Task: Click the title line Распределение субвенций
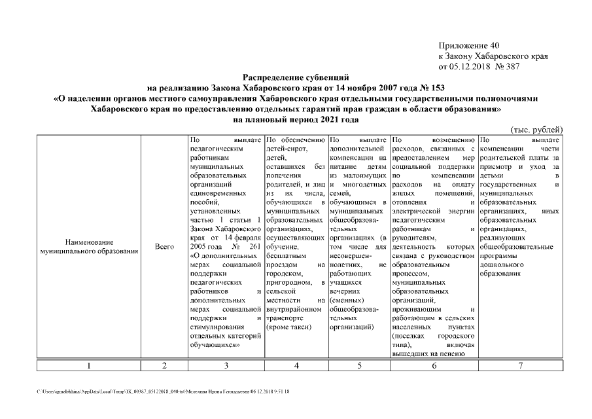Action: (x=296, y=77)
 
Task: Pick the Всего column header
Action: (x=164, y=247)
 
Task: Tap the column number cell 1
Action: (x=88, y=366)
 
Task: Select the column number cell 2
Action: (x=164, y=366)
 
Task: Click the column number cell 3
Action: (x=226, y=366)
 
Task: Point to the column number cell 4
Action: (x=296, y=366)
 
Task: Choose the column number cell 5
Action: (x=358, y=366)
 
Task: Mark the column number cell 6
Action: (x=434, y=366)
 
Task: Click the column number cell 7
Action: (x=520, y=366)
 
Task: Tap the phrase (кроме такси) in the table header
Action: (x=289, y=326)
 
